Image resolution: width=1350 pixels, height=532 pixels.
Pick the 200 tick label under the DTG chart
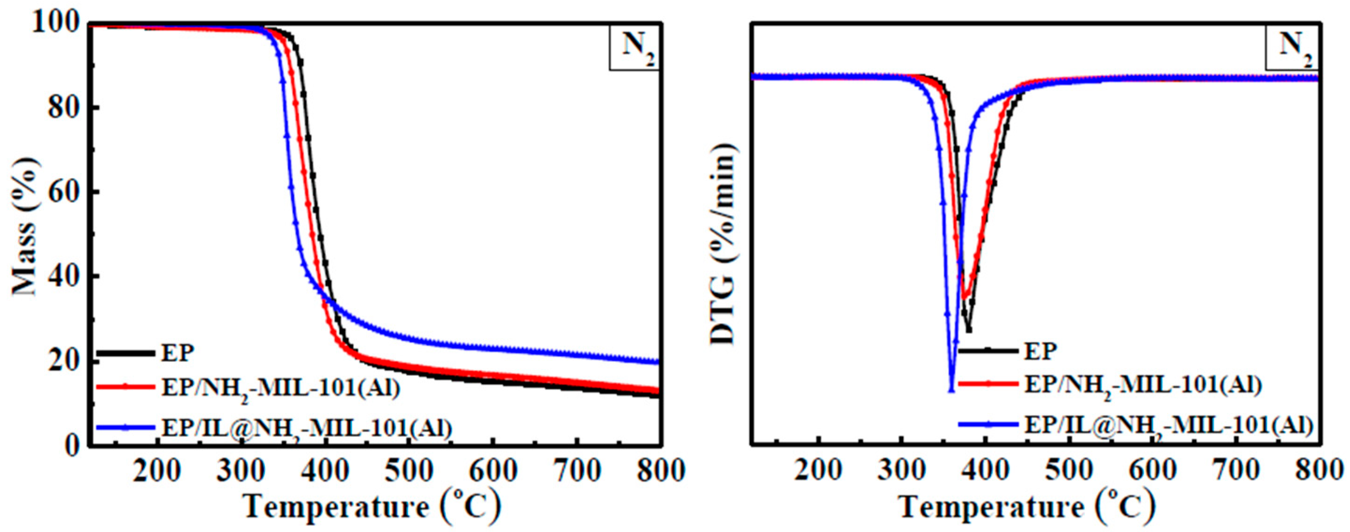[818, 471]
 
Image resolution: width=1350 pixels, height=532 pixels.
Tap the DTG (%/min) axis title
[724, 244]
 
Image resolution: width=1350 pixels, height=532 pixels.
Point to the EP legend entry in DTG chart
[1041, 350]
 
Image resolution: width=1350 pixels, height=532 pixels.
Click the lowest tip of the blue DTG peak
[952, 390]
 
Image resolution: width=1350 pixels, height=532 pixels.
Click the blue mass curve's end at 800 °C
[657, 362]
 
